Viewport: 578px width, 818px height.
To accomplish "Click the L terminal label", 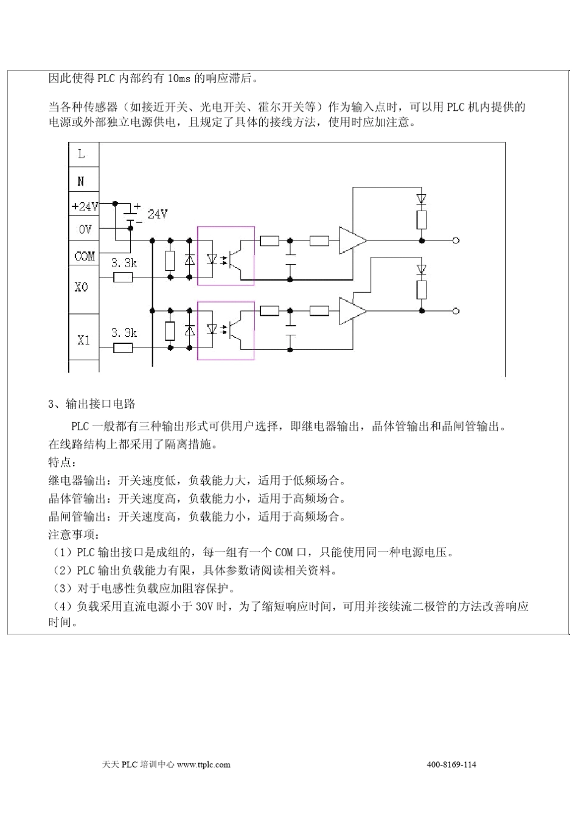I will [82, 154].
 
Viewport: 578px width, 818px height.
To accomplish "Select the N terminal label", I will [82, 181].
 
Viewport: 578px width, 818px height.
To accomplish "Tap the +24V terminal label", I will [85, 207].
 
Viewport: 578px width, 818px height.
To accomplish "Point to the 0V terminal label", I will [85, 229].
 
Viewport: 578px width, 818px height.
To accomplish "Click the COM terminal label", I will [85, 256].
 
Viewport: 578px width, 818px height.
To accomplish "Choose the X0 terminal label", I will [82, 287].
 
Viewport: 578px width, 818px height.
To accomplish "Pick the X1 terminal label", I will [83, 340].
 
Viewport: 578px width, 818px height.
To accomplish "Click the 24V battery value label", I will [157, 214].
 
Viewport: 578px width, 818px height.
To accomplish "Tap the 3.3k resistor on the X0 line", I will [124, 278].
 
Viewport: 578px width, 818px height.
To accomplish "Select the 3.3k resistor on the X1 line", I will [124, 348].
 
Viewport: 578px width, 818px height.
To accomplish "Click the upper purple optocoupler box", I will [226, 256].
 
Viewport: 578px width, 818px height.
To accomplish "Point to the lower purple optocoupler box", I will [226, 330].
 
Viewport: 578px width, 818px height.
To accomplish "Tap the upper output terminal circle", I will [456, 241].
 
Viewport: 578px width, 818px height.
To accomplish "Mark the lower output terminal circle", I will [456, 311].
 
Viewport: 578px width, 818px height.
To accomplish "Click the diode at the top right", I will [422, 199].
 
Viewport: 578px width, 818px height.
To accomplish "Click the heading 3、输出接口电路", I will [91, 404].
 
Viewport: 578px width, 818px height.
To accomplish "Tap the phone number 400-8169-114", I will [451, 764].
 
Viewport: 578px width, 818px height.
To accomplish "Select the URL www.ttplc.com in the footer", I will [204, 764].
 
